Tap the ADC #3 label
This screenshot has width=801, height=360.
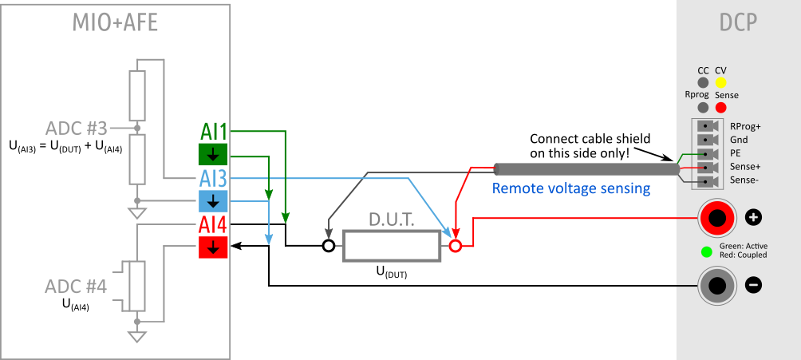coord(76,128)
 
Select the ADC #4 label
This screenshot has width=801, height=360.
coord(76,287)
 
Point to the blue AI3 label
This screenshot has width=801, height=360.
coord(213,178)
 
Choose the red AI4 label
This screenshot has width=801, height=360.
coord(213,225)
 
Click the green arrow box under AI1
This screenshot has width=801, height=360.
coord(213,154)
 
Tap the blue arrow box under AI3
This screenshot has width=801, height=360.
coord(213,200)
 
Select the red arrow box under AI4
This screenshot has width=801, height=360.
coord(213,248)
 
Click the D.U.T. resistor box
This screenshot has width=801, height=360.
coord(392,246)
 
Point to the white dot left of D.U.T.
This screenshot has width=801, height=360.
coord(328,246)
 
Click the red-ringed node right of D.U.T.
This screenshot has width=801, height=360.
coord(456,247)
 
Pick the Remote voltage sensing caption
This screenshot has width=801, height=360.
coord(570,189)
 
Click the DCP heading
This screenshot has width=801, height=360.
coord(738,23)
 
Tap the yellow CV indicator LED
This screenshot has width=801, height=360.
coord(720,82)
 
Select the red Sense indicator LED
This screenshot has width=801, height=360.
coord(720,107)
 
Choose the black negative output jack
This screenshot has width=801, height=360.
coord(717,285)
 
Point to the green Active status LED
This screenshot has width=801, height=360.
coord(706,252)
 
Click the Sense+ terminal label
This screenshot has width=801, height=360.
coord(745,167)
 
